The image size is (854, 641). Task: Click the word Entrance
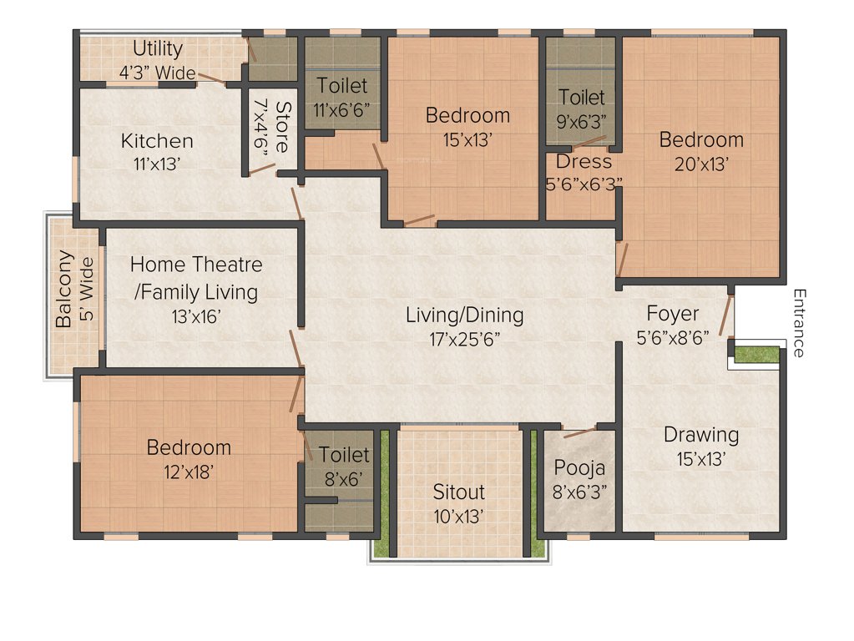[x=799, y=323]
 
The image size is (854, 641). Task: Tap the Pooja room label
[x=579, y=467]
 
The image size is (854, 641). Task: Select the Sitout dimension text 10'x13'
[x=458, y=517]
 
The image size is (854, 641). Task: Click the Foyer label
[x=673, y=314]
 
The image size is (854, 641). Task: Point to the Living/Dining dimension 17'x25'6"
[x=464, y=338]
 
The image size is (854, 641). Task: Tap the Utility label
[x=157, y=48]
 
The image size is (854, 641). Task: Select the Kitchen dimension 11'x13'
[x=157, y=164]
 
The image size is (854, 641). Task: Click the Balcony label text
[x=63, y=289]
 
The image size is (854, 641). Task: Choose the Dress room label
[x=584, y=161]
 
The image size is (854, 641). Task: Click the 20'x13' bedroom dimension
[x=700, y=164]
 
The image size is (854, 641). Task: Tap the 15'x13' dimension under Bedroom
[x=467, y=139]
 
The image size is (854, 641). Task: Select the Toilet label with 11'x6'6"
[x=342, y=86]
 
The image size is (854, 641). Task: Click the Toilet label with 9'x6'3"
[x=582, y=98]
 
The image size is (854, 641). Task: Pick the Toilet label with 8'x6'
[x=344, y=455]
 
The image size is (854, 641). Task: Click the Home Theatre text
[x=195, y=265]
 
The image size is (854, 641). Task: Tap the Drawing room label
[x=701, y=435]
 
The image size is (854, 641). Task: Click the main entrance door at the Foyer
[x=726, y=313]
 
